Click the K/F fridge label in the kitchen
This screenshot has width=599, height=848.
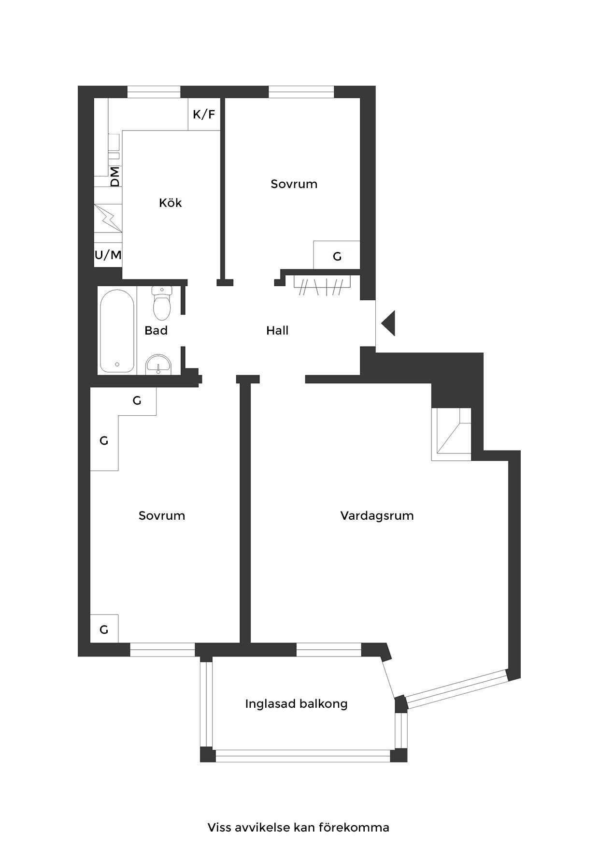[204, 115]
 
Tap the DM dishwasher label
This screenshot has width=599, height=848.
[115, 176]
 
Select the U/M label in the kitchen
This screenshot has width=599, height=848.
[108, 255]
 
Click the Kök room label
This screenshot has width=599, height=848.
[171, 203]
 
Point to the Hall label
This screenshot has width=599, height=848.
[277, 331]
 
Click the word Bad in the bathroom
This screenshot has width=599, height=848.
[156, 331]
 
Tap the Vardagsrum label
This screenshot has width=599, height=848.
[377, 515]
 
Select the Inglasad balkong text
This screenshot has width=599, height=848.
[296, 703]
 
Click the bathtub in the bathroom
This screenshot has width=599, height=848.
[117, 331]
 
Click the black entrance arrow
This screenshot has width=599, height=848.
[388, 322]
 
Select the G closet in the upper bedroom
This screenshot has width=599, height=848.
[337, 256]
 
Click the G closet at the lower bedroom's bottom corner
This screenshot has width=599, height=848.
[104, 629]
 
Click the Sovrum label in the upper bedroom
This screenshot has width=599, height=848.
[294, 184]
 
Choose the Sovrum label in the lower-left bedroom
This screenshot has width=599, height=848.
[162, 515]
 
